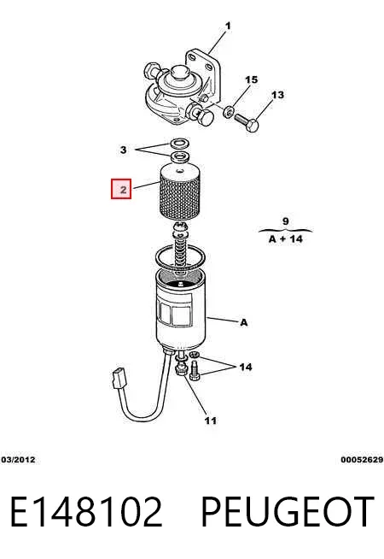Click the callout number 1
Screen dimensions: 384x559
pyautogui.click(x=228, y=26)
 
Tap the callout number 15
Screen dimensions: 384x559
pyautogui.click(x=251, y=79)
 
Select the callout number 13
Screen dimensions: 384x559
pyautogui.click(x=278, y=95)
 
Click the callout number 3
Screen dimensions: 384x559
pyautogui.click(x=123, y=150)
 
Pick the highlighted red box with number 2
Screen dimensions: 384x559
pyautogui.click(x=121, y=189)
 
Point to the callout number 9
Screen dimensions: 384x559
pyautogui.click(x=286, y=221)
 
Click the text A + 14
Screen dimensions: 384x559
pyautogui.click(x=286, y=238)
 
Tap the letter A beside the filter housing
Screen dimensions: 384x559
pyautogui.click(x=244, y=322)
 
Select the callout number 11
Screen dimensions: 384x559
pyautogui.click(x=211, y=421)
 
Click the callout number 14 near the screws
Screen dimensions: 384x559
pyautogui.click(x=246, y=367)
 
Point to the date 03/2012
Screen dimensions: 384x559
pyautogui.click(x=18, y=460)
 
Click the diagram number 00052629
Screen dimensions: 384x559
pyautogui.click(x=362, y=460)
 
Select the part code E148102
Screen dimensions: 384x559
pyautogui.click(x=86, y=512)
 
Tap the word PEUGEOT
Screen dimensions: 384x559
pyautogui.click(x=288, y=512)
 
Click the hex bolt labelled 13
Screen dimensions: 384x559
pyautogui.click(x=247, y=122)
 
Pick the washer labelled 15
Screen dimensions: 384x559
pyautogui.click(x=228, y=112)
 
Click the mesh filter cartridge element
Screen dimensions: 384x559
pyautogui.click(x=178, y=191)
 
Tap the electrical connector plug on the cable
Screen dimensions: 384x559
pyautogui.click(x=119, y=379)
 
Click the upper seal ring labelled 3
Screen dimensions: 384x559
pyautogui.click(x=179, y=144)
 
